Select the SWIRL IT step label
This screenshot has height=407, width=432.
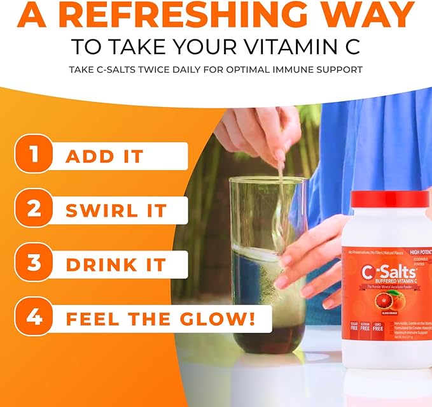pos(116,210)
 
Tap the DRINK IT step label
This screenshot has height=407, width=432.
pos(116,264)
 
